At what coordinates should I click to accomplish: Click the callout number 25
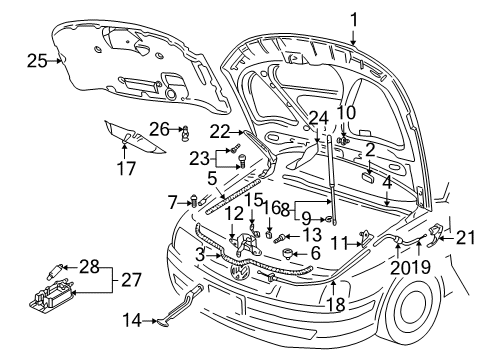coord(37,61)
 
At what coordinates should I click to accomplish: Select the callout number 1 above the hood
coord(354,20)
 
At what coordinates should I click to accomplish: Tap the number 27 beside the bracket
coord(131,279)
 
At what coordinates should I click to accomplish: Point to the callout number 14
coord(132,320)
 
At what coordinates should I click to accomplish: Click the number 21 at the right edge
coord(465,238)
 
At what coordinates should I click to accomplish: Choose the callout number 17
coord(126,168)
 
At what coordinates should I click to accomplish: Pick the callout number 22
coord(220,132)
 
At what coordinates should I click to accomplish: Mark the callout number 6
coord(315,253)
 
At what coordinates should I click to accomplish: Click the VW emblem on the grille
coord(239,271)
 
